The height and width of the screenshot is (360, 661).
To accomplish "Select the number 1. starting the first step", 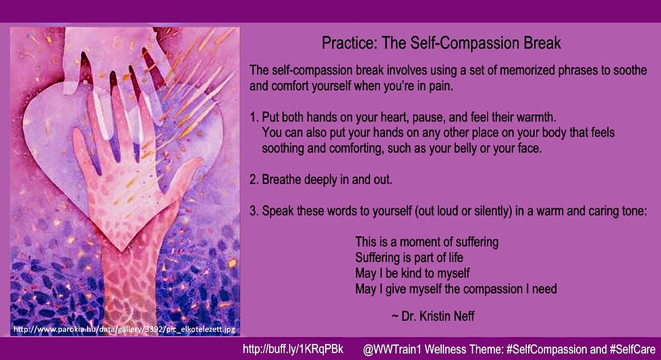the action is (x=254, y=117).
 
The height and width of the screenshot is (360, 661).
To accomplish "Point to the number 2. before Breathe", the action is (x=254, y=179).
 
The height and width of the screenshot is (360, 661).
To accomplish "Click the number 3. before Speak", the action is (x=254, y=211).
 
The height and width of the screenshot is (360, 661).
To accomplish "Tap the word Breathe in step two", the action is (x=282, y=179).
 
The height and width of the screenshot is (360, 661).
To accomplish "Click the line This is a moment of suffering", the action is (x=426, y=242).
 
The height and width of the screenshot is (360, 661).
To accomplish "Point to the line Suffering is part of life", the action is (x=409, y=258).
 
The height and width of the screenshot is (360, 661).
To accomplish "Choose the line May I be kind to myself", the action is (x=412, y=273).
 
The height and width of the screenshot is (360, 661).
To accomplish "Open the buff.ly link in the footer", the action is (x=293, y=349).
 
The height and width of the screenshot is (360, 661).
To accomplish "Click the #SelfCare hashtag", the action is (x=633, y=349).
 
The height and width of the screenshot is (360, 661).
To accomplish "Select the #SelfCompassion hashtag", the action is (x=546, y=349).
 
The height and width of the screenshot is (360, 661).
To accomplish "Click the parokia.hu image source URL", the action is (x=124, y=329).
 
